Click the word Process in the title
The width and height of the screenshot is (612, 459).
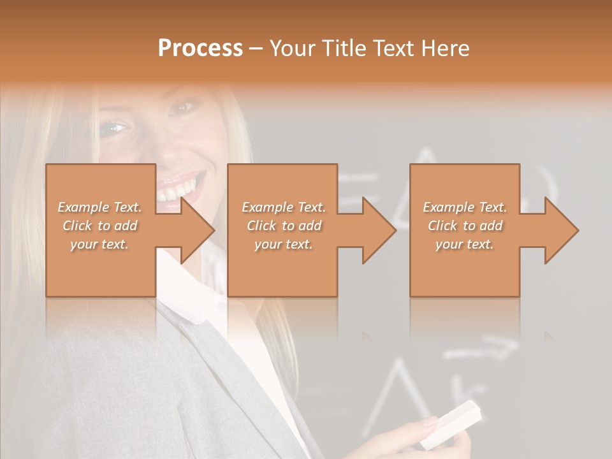tap(200, 48)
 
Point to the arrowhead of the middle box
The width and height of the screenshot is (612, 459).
tap(379, 230)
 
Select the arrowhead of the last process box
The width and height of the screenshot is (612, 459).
tap(561, 230)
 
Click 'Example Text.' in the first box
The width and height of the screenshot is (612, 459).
tap(100, 207)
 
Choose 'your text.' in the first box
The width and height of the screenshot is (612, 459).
tap(100, 244)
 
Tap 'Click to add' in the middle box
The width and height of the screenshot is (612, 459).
tap(284, 226)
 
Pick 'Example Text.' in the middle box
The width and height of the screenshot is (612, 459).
tap(284, 207)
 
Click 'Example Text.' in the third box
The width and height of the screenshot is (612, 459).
tap(465, 207)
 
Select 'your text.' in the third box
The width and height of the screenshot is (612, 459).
tap(465, 244)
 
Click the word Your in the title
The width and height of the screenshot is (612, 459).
tap(292, 48)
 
